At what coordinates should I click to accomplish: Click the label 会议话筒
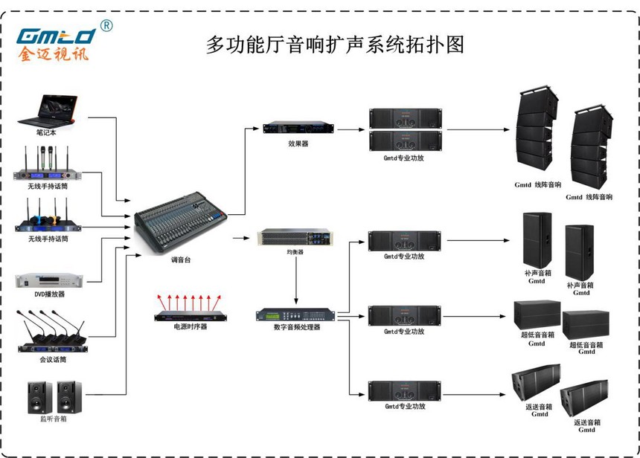(53, 359)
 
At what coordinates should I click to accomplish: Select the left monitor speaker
(39, 397)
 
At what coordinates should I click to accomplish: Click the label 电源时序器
(191, 327)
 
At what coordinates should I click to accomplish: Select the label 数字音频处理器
(297, 327)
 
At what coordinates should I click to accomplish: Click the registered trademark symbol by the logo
(106, 25)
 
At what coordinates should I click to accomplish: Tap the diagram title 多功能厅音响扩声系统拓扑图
(335, 44)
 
